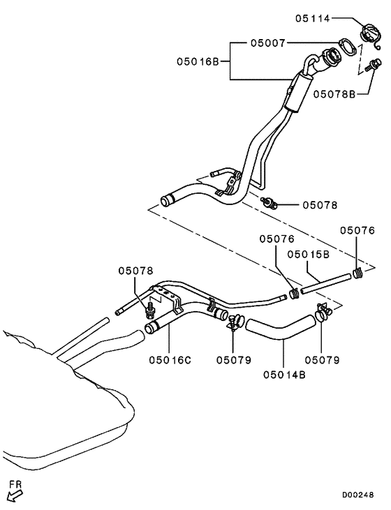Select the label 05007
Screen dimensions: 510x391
click(268, 43)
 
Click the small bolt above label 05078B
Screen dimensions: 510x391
click(371, 66)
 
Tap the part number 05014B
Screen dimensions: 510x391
click(284, 375)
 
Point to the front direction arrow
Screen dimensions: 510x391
click(14, 495)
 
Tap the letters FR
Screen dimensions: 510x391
click(15, 483)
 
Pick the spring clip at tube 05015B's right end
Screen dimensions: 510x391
click(357, 272)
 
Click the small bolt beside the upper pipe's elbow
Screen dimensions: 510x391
click(269, 203)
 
